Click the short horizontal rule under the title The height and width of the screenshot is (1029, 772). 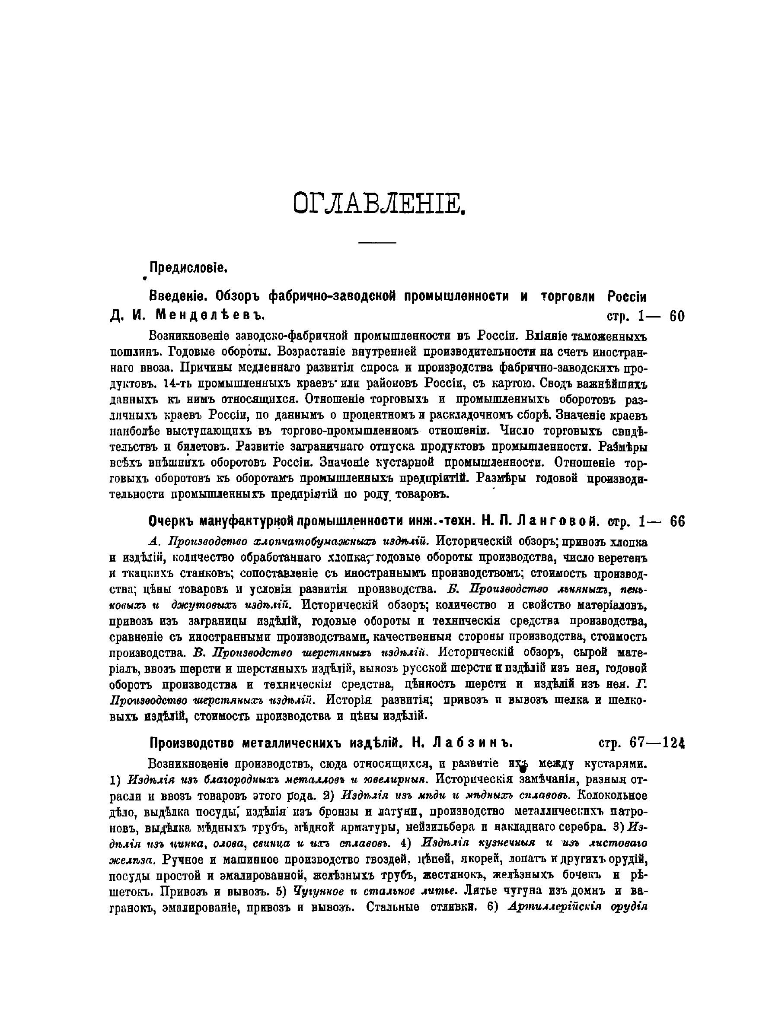point(377,242)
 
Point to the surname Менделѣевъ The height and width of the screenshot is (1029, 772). point(209,316)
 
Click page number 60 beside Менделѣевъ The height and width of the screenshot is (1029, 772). point(676,316)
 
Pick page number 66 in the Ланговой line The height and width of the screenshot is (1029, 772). point(677,522)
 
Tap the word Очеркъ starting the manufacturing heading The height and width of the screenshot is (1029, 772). point(170,522)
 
